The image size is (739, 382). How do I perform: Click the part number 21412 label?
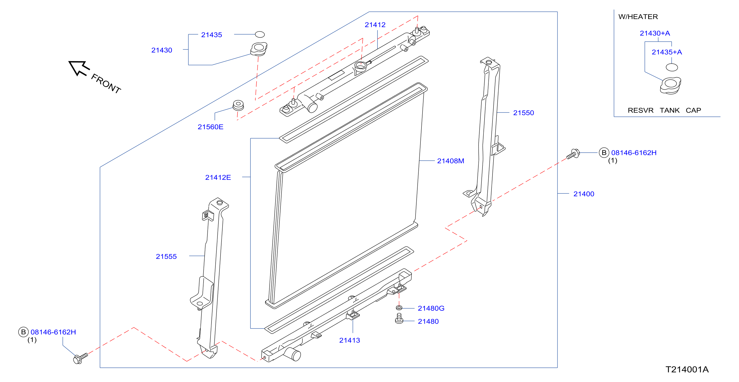tap(375, 25)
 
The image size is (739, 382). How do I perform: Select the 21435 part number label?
tap(212, 35)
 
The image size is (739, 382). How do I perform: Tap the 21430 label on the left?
tap(162, 50)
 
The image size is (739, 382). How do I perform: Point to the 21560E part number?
tap(210, 127)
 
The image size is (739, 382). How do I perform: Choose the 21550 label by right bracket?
tap(524, 113)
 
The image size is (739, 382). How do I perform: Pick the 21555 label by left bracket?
tap(166, 257)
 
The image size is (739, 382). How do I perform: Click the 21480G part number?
tap(431, 308)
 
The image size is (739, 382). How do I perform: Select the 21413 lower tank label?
tap(350, 340)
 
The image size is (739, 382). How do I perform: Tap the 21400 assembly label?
tap(584, 194)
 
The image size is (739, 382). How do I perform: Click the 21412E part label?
tap(218, 177)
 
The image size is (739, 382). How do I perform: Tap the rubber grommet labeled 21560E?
tap(238, 105)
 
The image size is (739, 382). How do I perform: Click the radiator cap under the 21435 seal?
tap(259, 49)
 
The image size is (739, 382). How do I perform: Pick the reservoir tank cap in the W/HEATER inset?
tap(671, 85)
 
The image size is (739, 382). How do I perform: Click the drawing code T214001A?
tap(687, 369)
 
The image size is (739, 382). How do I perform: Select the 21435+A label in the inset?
tap(667, 52)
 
